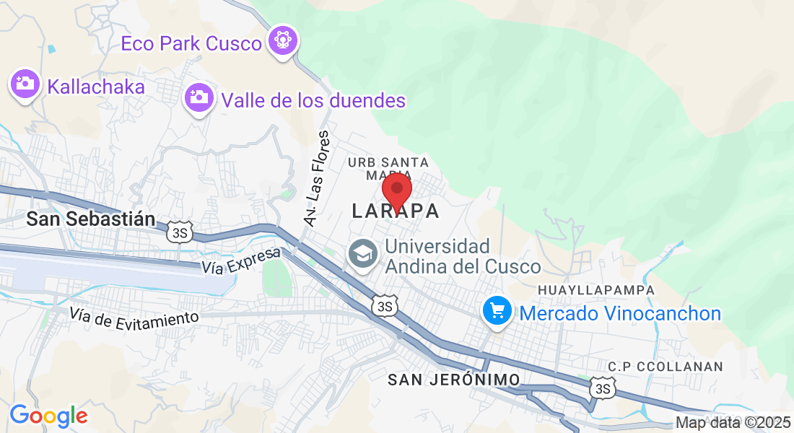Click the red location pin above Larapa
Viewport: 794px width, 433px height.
click(396, 191)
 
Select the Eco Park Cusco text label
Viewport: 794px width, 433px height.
click(191, 43)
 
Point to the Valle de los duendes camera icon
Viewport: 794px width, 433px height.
click(199, 97)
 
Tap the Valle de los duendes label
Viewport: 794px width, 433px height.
click(314, 100)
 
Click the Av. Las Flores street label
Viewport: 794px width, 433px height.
click(317, 179)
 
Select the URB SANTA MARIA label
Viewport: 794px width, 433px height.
click(388, 168)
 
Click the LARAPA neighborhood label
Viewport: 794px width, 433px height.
click(396, 211)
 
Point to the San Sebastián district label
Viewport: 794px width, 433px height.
click(91, 219)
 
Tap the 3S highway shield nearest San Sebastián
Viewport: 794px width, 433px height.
click(178, 232)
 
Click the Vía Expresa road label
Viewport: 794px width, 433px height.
click(241, 261)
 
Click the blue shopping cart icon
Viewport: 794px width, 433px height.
click(497, 312)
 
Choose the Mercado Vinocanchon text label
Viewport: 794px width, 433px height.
click(620, 313)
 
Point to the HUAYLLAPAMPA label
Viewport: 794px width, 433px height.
click(595, 289)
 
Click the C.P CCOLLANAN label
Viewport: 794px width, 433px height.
click(665, 366)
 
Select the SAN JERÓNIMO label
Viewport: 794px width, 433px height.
click(453, 380)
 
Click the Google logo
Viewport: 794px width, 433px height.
click(48, 416)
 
